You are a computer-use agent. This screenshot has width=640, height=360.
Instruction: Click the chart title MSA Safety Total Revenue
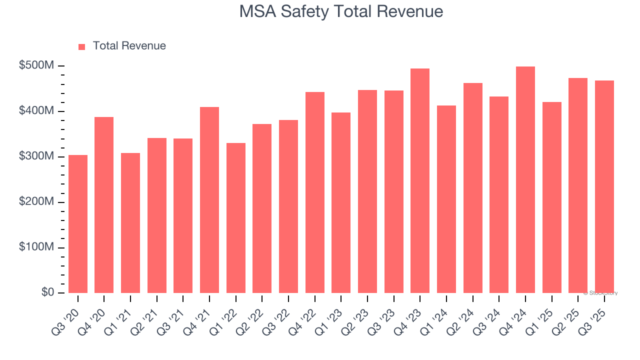coord(341,11)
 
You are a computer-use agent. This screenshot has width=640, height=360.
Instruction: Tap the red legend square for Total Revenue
coord(82,46)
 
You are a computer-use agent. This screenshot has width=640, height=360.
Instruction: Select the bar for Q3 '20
coord(78,224)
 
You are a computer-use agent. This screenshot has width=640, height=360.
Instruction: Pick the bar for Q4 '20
coord(104,205)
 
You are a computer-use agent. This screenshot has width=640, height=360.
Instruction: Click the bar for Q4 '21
coord(209,200)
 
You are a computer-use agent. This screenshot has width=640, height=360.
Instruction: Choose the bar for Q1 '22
coord(236,218)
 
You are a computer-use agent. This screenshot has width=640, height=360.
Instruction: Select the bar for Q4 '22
coord(315,192)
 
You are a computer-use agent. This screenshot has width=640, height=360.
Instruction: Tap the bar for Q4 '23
coord(420,180)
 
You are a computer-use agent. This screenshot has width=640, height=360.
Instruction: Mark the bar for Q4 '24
coord(525,179)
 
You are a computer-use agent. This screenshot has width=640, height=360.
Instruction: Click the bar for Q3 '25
coord(604,186)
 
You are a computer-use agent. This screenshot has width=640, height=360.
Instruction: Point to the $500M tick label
coord(36,66)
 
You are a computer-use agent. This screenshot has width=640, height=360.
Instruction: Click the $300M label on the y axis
coord(36,156)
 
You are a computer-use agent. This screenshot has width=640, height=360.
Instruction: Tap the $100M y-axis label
coord(36,247)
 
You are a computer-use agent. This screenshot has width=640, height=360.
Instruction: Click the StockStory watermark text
coord(600,293)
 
